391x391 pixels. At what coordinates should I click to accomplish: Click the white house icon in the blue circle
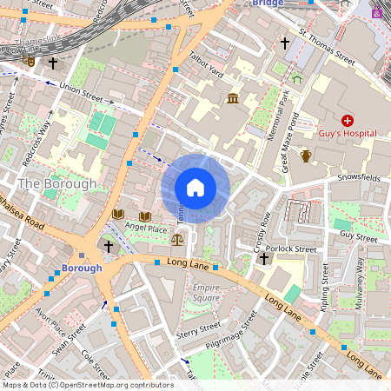coord(195,188)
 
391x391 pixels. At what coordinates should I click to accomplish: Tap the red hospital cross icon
coord(348,121)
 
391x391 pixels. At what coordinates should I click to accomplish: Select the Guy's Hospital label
coord(348,135)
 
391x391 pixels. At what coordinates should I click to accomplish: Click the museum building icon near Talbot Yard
coord(233,99)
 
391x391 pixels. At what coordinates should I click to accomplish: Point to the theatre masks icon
coord(30,61)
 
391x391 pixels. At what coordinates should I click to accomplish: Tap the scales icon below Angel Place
coord(178,238)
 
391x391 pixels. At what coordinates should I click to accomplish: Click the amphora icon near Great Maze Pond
coord(306,156)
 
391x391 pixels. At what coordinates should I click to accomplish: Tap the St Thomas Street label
coord(327,49)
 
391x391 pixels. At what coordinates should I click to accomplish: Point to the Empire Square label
coord(206,293)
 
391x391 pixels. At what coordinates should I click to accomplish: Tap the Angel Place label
coord(145,228)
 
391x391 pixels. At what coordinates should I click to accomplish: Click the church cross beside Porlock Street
coord(263,259)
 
